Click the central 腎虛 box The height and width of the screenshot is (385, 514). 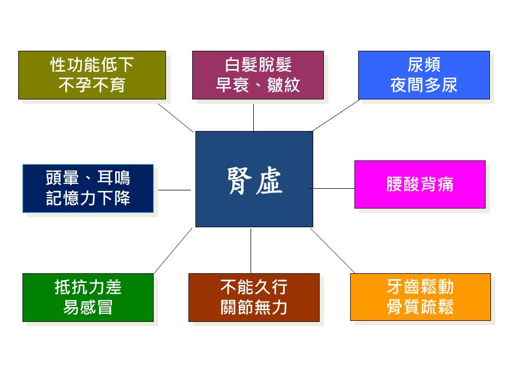[x=254, y=179]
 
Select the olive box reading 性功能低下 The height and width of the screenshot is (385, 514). [x=92, y=75]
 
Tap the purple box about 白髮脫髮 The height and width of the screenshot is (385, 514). [x=258, y=75]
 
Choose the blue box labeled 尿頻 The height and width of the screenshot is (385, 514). [x=424, y=75]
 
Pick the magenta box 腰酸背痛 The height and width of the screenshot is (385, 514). [x=420, y=184]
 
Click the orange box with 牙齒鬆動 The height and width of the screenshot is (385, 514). [x=421, y=297]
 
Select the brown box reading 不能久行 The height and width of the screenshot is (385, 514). [x=254, y=297]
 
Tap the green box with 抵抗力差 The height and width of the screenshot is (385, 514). [x=88, y=297]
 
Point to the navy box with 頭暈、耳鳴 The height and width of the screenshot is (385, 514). [x=88, y=188]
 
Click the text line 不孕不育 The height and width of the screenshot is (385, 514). [x=92, y=85]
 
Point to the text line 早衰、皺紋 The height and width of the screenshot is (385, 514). [x=258, y=85]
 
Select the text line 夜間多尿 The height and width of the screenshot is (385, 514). [x=424, y=85]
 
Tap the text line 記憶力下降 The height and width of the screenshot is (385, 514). [x=88, y=198]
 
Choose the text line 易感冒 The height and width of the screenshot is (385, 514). [x=88, y=307]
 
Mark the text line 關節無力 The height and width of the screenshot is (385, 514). [x=254, y=307]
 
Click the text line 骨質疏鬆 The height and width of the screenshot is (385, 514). [x=420, y=307]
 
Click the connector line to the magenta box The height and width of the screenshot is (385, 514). [x=332, y=189]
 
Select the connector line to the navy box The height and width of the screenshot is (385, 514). [x=175, y=190]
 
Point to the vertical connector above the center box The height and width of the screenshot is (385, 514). [x=253, y=118]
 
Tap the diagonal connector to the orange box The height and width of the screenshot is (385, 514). [x=332, y=251]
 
